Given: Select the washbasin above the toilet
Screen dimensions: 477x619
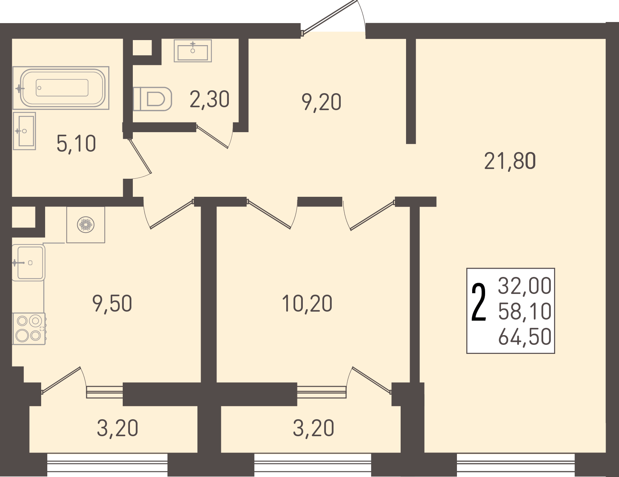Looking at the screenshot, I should click(193, 51).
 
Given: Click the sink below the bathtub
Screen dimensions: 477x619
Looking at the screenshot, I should click(25, 131).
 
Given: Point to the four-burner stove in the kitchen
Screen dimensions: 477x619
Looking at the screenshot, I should click(29, 329).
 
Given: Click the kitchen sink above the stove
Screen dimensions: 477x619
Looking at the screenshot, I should click(29, 263).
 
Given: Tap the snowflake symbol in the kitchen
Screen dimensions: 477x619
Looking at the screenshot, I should click(86, 225).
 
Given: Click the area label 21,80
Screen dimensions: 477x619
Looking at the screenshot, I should click(510, 161).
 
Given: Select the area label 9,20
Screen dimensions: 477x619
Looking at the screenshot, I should click(321, 102).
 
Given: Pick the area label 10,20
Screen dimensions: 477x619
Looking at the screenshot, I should click(307, 303).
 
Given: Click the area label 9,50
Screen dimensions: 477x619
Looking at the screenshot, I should click(112, 303).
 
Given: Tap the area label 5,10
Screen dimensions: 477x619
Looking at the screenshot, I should click(76, 143).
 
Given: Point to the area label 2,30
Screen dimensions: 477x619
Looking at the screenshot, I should click(209, 99).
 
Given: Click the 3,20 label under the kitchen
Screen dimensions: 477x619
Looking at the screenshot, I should click(117, 428).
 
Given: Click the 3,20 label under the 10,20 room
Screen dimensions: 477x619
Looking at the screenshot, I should click(313, 428).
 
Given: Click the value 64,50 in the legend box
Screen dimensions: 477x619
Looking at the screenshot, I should click(525, 337).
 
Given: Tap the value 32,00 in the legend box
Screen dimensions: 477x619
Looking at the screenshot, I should click(525, 286).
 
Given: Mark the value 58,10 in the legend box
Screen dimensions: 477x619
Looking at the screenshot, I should click(525, 311).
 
